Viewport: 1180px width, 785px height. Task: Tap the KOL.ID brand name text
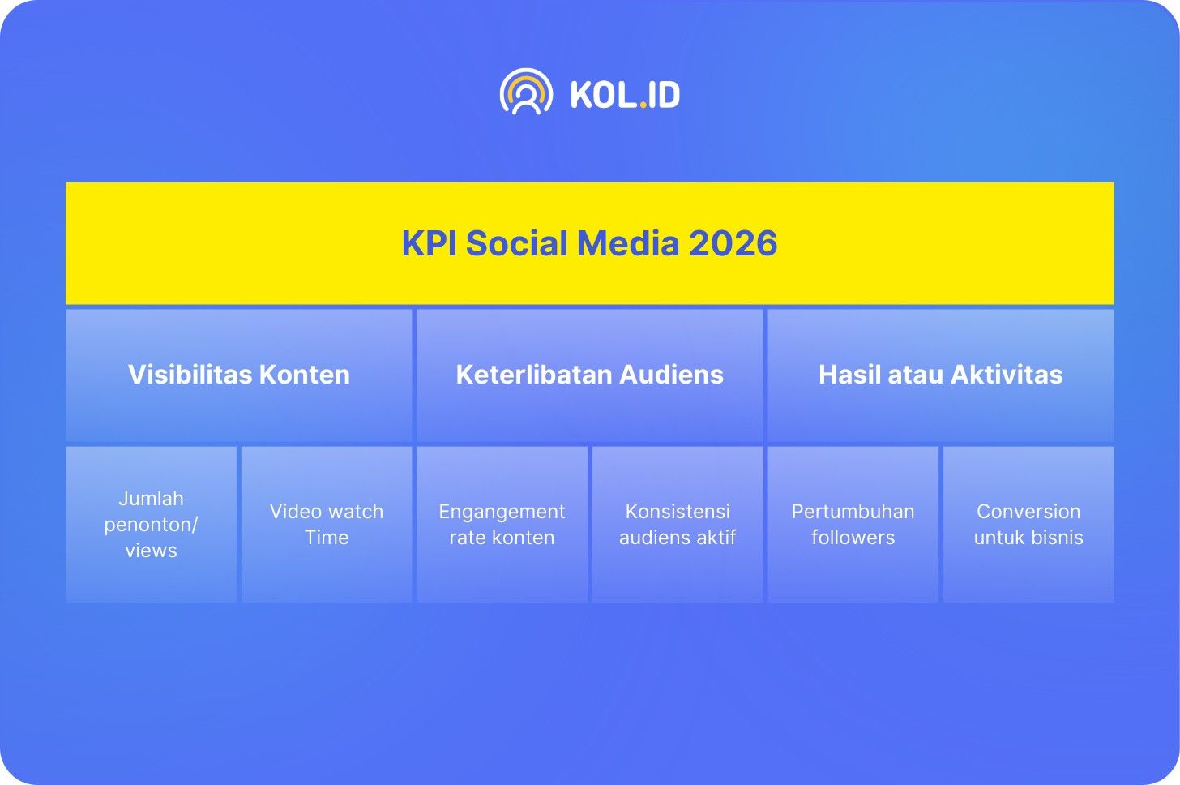click(x=626, y=95)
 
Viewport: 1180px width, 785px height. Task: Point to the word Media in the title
click(x=628, y=243)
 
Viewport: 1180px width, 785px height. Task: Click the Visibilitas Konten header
click(x=238, y=375)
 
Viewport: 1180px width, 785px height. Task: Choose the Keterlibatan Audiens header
click(x=589, y=375)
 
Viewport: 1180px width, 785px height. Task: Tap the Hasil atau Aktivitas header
click(x=941, y=375)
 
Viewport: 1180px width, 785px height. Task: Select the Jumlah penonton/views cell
click(x=152, y=524)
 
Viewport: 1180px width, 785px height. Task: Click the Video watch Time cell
click(x=327, y=524)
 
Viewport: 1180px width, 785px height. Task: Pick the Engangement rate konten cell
click(x=502, y=524)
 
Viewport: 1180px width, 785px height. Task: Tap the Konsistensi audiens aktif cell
click(x=678, y=524)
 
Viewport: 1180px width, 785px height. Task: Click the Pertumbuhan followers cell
click(x=853, y=524)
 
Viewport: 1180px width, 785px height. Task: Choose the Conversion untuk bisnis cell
click(x=1028, y=524)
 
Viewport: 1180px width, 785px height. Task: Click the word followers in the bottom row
click(x=853, y=537)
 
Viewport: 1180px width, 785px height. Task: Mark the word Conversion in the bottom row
click(x=1028, y=512)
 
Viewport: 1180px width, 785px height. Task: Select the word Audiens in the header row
click(x=671, y=375)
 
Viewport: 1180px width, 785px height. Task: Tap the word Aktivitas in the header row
click(x=1007, y=375)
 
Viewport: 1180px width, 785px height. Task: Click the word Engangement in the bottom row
click(x=502, y=513)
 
